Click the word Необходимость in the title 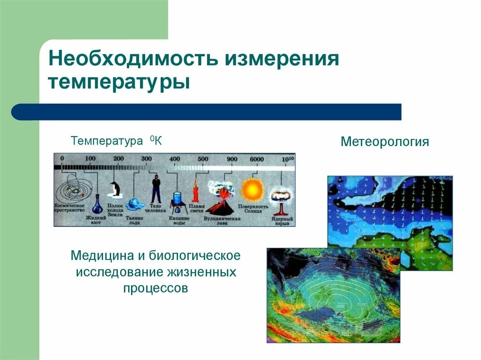click(132, 60)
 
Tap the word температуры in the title click(119, 83)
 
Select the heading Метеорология click(385, 142)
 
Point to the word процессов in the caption click(155, 288)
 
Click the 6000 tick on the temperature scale click(256, 159)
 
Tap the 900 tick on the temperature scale click(232, 159)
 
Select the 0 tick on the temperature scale click(62, 159)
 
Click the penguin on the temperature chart click(115, 189)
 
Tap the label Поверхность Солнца click(253, 209)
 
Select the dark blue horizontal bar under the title click(207, 112)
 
